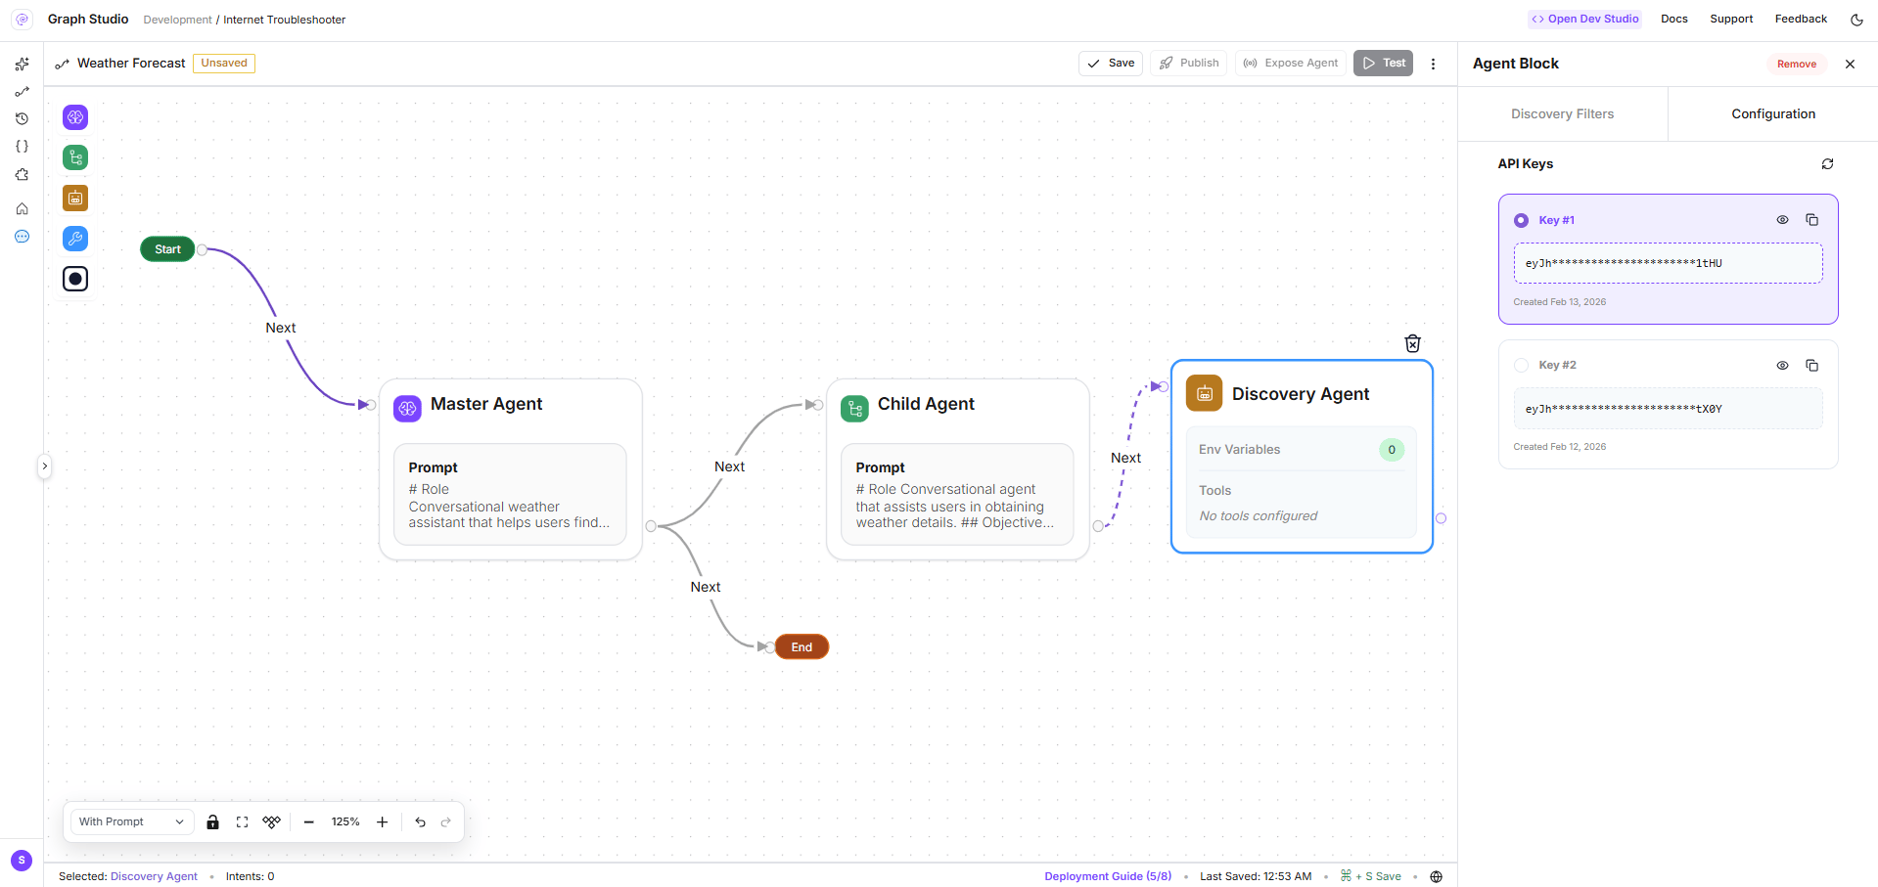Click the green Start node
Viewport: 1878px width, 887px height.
pyautogui.click(x=167, y=249)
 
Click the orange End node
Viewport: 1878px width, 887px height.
pyautogui.click(x=802, y=646)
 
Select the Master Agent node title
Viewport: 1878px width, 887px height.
pyautogui.click(x=486, y=404)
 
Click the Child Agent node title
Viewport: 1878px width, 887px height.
pyautogui.click(x=926, y=404)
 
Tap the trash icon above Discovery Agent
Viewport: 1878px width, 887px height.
pyautogui.click(x=1412, y=343)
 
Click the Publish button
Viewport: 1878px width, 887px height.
pyautogui.click(x=1189, y=64)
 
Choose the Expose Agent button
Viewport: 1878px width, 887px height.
pyautogui.click(x=1291, y=64)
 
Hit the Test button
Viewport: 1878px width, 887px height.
pyautogui.click(x=1383, y=64)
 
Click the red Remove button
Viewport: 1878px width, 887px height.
pyautogui.click(x=1797, y=65)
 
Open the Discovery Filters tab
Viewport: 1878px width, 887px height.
pyautogui.click(x=1562, y=114)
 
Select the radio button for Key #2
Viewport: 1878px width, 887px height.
pyautogui.click(x=1521, y=366)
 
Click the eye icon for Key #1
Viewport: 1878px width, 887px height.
pyautogui.click(x=1782, y=220)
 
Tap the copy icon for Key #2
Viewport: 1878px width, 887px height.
pyautogui.click(x=1811, y=366)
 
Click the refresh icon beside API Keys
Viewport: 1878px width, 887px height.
pyautogui.click(x=1827, y=164)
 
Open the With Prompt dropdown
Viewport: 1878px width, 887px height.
pyautogui.click(x=131, y=821)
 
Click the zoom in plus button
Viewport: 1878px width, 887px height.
pyautogui.click(x=383, y=822)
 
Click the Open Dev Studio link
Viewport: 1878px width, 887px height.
pyautogui.click(x=1585, y=20)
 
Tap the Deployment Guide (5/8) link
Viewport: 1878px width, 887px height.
pyautogui.click(x=1108, y=876)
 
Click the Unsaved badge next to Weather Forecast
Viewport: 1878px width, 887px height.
pyautogui.click(x=224, y=64)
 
